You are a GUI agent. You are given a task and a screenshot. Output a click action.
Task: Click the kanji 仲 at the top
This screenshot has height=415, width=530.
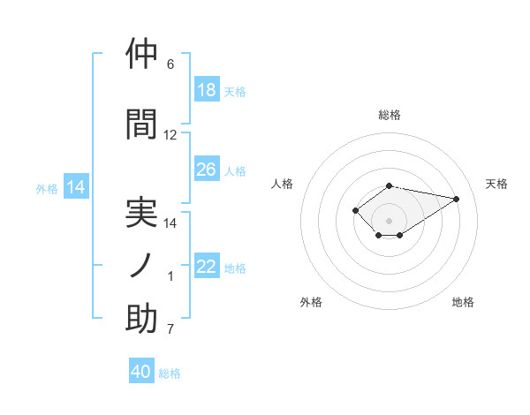point(141,53)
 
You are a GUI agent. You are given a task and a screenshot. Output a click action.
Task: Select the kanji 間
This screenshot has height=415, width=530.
point(141,124)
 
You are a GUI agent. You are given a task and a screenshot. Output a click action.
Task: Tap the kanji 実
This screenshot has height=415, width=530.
point(141,213)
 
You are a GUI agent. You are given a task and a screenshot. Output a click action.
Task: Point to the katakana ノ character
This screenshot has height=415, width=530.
point(140,265)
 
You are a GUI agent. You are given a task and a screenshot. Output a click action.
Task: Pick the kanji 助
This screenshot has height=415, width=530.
point(141,318)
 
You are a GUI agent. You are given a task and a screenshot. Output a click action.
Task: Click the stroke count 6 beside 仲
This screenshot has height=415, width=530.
point(170,64)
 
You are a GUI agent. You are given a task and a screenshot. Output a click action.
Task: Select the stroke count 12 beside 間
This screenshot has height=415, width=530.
point(170,135)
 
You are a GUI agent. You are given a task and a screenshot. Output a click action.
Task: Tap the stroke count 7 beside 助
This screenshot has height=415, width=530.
point(170,328)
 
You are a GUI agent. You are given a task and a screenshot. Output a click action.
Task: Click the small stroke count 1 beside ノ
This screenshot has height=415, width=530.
point(170,276)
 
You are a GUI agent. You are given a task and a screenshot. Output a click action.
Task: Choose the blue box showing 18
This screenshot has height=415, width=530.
point(208,89)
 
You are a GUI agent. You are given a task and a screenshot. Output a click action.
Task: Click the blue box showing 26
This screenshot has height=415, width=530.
point(208,169)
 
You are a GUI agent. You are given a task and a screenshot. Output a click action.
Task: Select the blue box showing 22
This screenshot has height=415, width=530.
point(208,265)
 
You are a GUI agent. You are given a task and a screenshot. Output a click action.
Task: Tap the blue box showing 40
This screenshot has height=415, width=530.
point(141,370)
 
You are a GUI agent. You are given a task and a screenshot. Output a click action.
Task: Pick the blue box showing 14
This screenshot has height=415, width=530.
point(76,186)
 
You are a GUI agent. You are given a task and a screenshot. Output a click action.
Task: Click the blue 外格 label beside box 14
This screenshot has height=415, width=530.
point(47,189)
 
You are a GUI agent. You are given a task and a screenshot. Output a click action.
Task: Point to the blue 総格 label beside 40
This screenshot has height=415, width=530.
point(170,373)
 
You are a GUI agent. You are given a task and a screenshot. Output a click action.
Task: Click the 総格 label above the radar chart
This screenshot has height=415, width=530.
point(390,115)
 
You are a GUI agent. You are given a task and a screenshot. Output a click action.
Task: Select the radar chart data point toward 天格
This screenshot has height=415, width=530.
point(457,199)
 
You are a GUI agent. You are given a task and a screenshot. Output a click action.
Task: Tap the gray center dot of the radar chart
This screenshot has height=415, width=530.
point(389,221)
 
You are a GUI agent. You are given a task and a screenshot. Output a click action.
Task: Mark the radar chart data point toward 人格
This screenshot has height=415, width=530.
point(355,210)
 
